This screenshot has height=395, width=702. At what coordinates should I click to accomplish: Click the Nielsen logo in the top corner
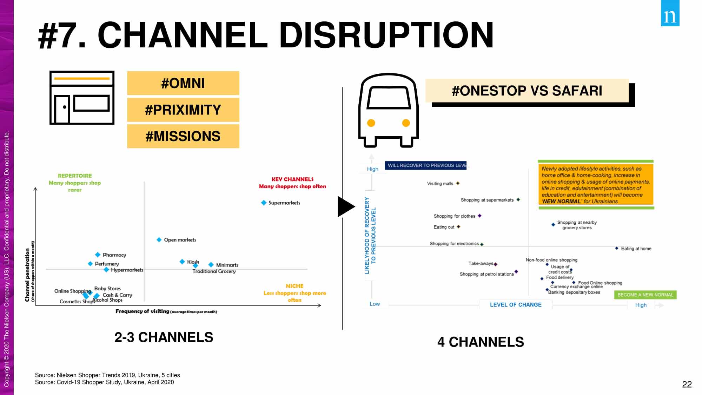click(x=670, y=13)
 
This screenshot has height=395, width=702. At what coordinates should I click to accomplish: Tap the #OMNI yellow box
click(x=183, y=83)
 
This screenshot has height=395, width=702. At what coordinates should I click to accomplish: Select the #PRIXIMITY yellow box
click(x=183, y=110)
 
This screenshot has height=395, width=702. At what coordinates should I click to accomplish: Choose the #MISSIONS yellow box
click(x=183, y=136)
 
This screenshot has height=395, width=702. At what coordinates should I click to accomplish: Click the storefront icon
click(x=82, y=98)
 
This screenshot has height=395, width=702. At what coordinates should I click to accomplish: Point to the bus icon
click(x=388, y=110)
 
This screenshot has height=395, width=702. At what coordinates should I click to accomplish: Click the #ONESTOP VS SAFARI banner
click(x=527, y=91)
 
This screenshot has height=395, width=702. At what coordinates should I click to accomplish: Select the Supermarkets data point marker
click(x=264, y=203)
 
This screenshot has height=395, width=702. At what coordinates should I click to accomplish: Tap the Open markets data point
click(x=159, y=240)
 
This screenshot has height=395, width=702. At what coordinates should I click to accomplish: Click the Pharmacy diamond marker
click(x=98, y=255)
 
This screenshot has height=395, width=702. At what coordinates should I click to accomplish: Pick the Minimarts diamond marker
click(x=211, y=265)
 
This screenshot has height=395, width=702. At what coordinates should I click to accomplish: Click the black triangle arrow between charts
click(x=346, y=207)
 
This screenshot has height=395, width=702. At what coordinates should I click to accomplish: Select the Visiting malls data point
click(x=458, y=183)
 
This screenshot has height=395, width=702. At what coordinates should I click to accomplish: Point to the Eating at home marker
click(x=617, y=248)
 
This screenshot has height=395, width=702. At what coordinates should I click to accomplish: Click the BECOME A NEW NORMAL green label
click(x=645, y=295)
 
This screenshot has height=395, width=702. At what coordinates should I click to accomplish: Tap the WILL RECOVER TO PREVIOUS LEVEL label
click(x=425, y=165)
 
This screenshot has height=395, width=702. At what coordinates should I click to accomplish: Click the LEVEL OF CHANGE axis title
click(x=516, y=305)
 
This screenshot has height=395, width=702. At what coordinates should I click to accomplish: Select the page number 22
click(x=687, y=384)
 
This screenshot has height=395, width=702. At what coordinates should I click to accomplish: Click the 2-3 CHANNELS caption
click(x=164, y=337)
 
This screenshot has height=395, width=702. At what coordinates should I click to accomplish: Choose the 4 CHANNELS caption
click(x=481, y=342)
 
